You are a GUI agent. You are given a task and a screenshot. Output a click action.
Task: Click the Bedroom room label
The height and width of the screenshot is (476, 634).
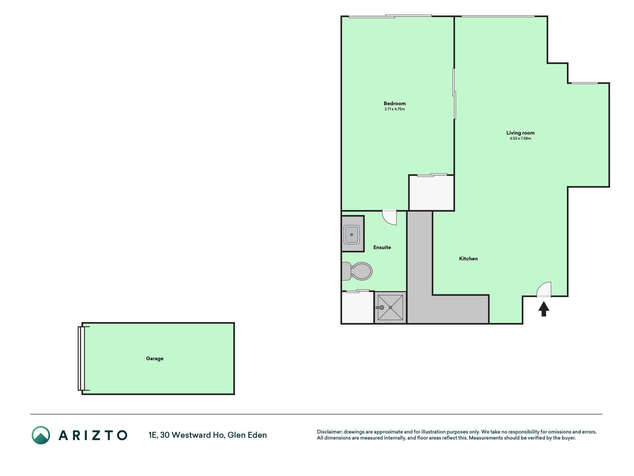[x=394, y=103]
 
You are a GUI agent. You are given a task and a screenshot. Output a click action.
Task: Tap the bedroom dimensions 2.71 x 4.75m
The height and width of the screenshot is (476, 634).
[x=394, y=109]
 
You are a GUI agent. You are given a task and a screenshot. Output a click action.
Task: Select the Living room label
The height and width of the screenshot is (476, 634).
[x=520, y=133]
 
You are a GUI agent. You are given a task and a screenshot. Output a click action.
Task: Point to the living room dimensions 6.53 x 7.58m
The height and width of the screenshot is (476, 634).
[x=520, y=139]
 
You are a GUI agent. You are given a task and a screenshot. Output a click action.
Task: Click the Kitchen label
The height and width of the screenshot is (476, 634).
[x=468, y=259]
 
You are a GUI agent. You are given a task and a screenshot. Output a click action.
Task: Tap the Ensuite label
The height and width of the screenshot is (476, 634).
[x=382, y=247]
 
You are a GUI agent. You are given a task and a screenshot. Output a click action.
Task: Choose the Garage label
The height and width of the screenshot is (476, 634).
[x=155, y=358]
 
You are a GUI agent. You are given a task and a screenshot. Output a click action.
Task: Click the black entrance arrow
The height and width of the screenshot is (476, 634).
[x=544, y=309]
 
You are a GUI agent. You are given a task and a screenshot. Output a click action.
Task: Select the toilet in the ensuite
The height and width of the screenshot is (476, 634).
[x=357, y=271]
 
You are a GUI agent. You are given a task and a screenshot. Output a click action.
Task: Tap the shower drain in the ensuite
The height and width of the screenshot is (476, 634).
[x=390, y=308]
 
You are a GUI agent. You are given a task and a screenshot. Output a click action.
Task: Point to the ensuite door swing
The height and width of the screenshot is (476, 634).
[x=390, y=217]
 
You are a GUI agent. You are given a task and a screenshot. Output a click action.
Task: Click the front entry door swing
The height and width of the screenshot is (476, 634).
[x=544, y=290]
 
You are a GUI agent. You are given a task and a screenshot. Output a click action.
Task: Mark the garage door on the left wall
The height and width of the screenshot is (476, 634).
[x=81, y=358]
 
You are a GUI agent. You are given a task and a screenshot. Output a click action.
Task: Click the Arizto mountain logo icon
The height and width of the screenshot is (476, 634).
[x=41, y=435]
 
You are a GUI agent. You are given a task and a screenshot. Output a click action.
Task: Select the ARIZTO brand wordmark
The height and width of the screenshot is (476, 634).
[x=93, y=435]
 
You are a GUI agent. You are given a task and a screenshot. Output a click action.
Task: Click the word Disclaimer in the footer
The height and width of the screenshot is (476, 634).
[x=329, y=432]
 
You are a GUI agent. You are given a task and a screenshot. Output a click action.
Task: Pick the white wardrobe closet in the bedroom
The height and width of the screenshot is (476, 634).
[x=432, y=193]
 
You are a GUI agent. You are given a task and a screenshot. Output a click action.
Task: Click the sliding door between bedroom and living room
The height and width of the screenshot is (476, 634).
[x=454, y=94]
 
